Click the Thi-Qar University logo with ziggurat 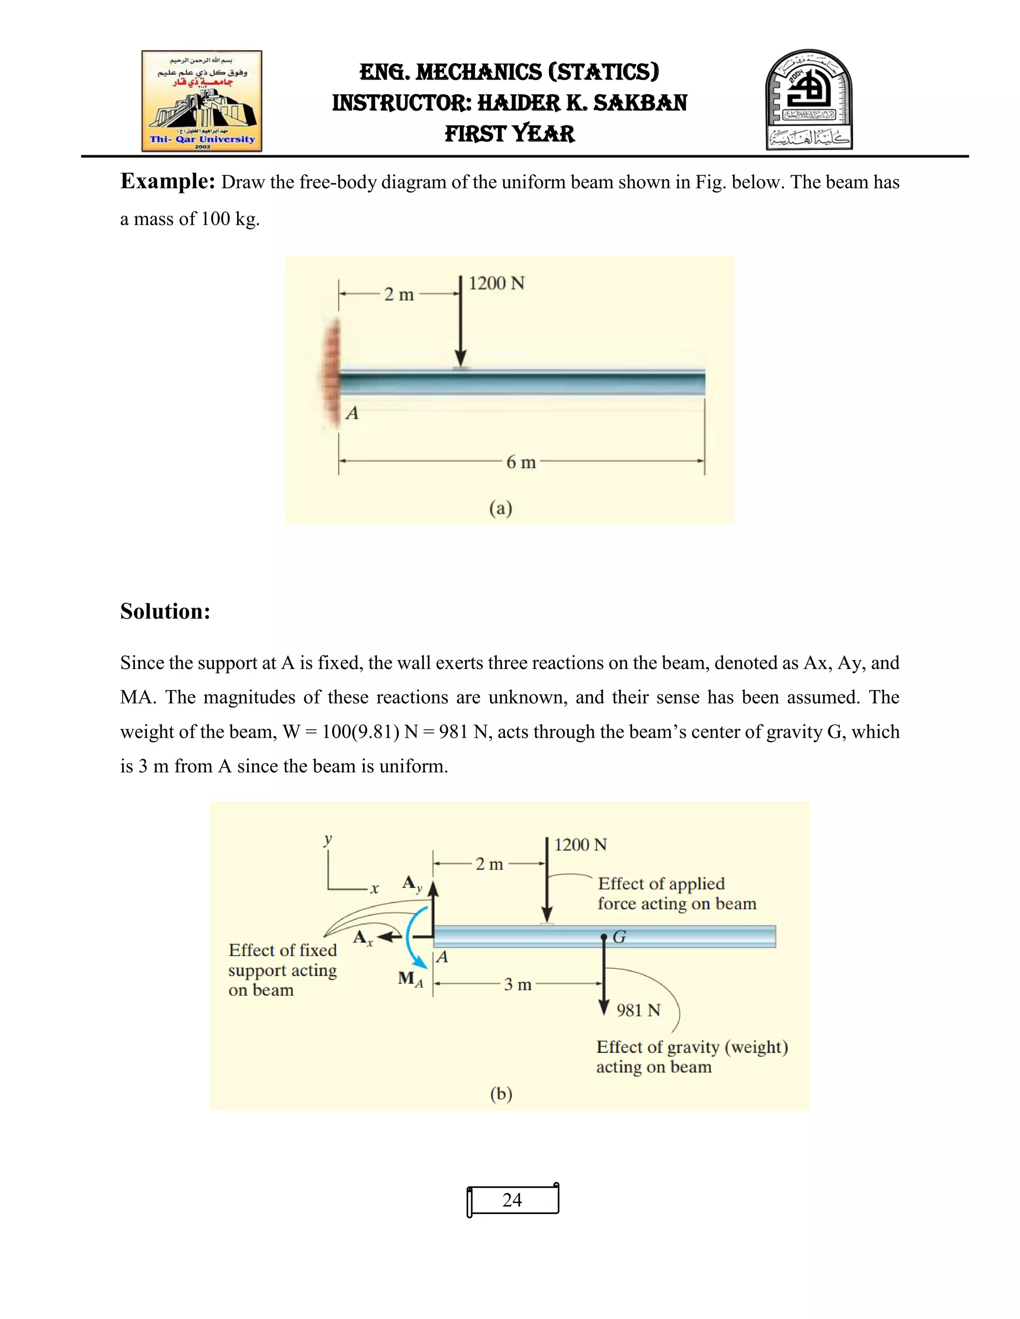click(x=202, y=101)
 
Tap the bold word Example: click(x=167, y=181)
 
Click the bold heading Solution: click(x=165, y=611)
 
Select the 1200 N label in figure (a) click(x=496, y=283)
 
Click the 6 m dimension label click(x=521, y=462)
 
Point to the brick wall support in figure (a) click(x=331, y=373)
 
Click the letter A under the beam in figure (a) click(x=352, y=413)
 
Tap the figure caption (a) click(x=501, y=508)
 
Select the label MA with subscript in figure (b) click(x=410, y=979)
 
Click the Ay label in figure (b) click(x=412, y=884)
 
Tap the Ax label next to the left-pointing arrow click(x=363, y=938)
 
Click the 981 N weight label click(x=638, y=1010)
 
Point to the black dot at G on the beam click(x=604, y=937)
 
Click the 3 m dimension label click(x=518, y=985)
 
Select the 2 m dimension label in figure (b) click(x=489, y=864)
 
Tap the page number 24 click(x=512, y=1200)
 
